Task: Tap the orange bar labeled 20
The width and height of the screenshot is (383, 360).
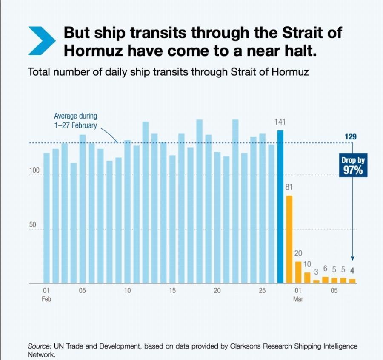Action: (x=298, y=272)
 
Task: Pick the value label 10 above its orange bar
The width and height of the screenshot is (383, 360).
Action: (x=307, y=264)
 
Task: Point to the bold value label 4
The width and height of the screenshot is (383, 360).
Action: (x=352, y=269)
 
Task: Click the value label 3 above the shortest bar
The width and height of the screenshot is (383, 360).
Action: (x=316, y=272)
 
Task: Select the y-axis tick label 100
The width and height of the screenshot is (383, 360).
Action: (x=34, y=170)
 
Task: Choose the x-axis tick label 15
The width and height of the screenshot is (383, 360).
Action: (x=172, y=291)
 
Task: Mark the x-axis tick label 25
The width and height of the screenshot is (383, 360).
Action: (x=262, y=291)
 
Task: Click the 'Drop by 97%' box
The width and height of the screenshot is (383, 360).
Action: (x=353, y=166)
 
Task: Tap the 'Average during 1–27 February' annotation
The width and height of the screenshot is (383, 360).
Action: (x=76, y=120)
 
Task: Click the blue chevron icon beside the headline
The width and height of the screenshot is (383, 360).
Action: (x=41, y=40)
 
